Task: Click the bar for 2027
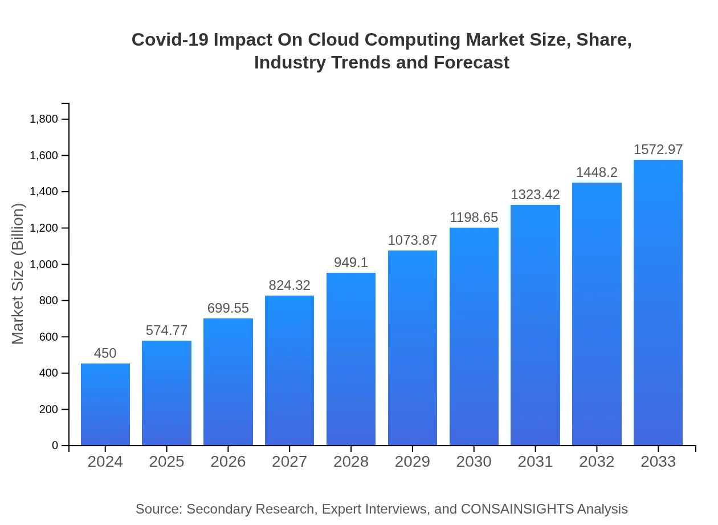[289, 370]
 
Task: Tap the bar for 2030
[474, 337]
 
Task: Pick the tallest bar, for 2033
[658, 302]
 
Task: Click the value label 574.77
[166, 330]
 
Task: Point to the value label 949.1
[351, 262]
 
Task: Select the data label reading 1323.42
[535, 195]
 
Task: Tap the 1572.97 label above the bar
[658, 150]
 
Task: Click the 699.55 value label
[228, 308]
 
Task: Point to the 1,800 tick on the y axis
[43, 119]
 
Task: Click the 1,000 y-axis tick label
[43, 264]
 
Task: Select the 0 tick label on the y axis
[55, 445]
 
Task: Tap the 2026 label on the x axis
[228, 462]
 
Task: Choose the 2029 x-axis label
[413, 462]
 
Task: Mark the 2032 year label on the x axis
[597, 462]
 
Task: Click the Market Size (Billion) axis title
[18, 274]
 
